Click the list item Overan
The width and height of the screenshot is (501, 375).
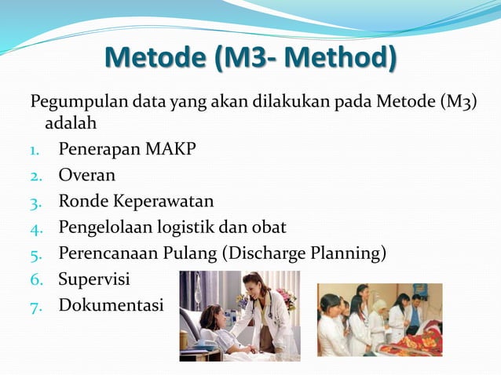tap(86, 174)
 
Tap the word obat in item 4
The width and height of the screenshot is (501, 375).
tap(268, 228)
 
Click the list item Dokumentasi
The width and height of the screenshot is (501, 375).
tap(111, 304)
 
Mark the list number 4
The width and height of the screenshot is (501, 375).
tap(35, 228)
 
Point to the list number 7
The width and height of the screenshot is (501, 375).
tap(35, 305)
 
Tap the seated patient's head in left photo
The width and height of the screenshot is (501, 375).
tap(211, 315)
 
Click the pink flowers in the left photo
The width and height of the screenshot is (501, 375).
tap(286, 297)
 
